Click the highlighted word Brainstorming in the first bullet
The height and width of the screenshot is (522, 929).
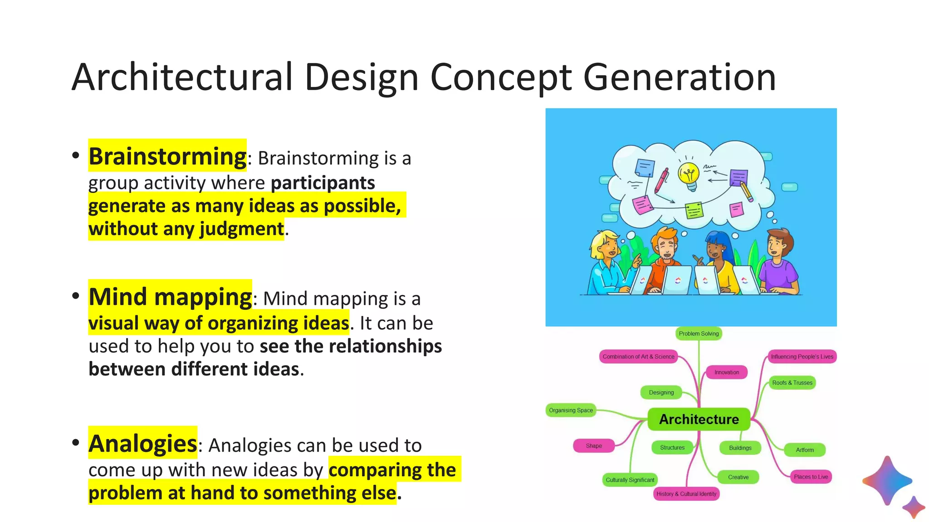coord(167,156)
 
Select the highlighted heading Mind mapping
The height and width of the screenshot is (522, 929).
coord(170,297)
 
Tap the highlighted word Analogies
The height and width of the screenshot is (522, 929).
coord(143,444)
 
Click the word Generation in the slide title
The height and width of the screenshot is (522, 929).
coord(679,77)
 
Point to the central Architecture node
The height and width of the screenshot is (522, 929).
coord(699,419)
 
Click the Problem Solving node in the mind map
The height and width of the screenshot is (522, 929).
coord(699,333)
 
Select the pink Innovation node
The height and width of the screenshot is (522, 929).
coord(726,372)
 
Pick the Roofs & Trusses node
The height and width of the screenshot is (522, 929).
coord(792,383)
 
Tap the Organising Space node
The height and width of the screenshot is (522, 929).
coord(571,410)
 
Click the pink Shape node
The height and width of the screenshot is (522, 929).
coord(593,446)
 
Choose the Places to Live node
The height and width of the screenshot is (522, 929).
coord(811,477)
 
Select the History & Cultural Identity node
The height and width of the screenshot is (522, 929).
coord(686,494)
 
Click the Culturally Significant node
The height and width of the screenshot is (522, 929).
coord(630,480)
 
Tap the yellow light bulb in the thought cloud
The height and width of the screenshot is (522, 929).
coord(689,175)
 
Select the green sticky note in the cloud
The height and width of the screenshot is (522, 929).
coord(694,210)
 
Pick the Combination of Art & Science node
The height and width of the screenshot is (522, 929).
coord(638,357)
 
